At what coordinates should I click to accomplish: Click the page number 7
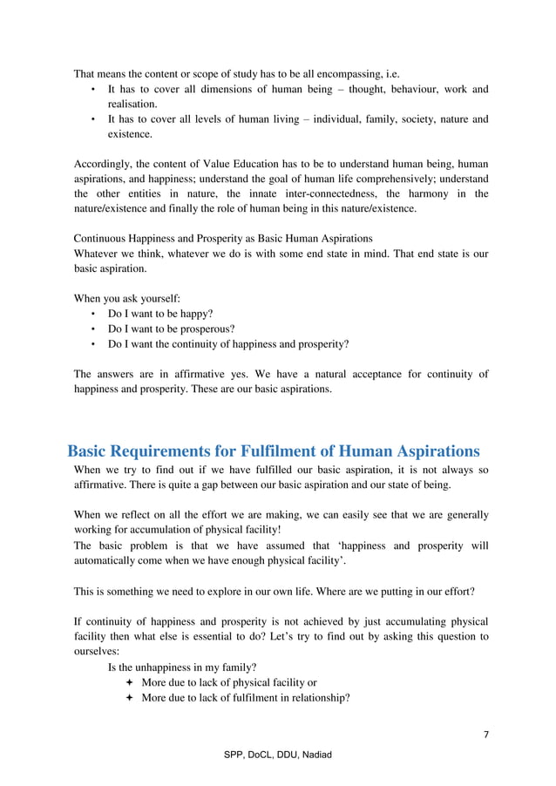coord(486,735)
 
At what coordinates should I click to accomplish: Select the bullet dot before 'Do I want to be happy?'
coord(93,315)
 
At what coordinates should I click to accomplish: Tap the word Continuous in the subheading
coord(102,238)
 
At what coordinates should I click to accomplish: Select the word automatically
coord(111,559)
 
